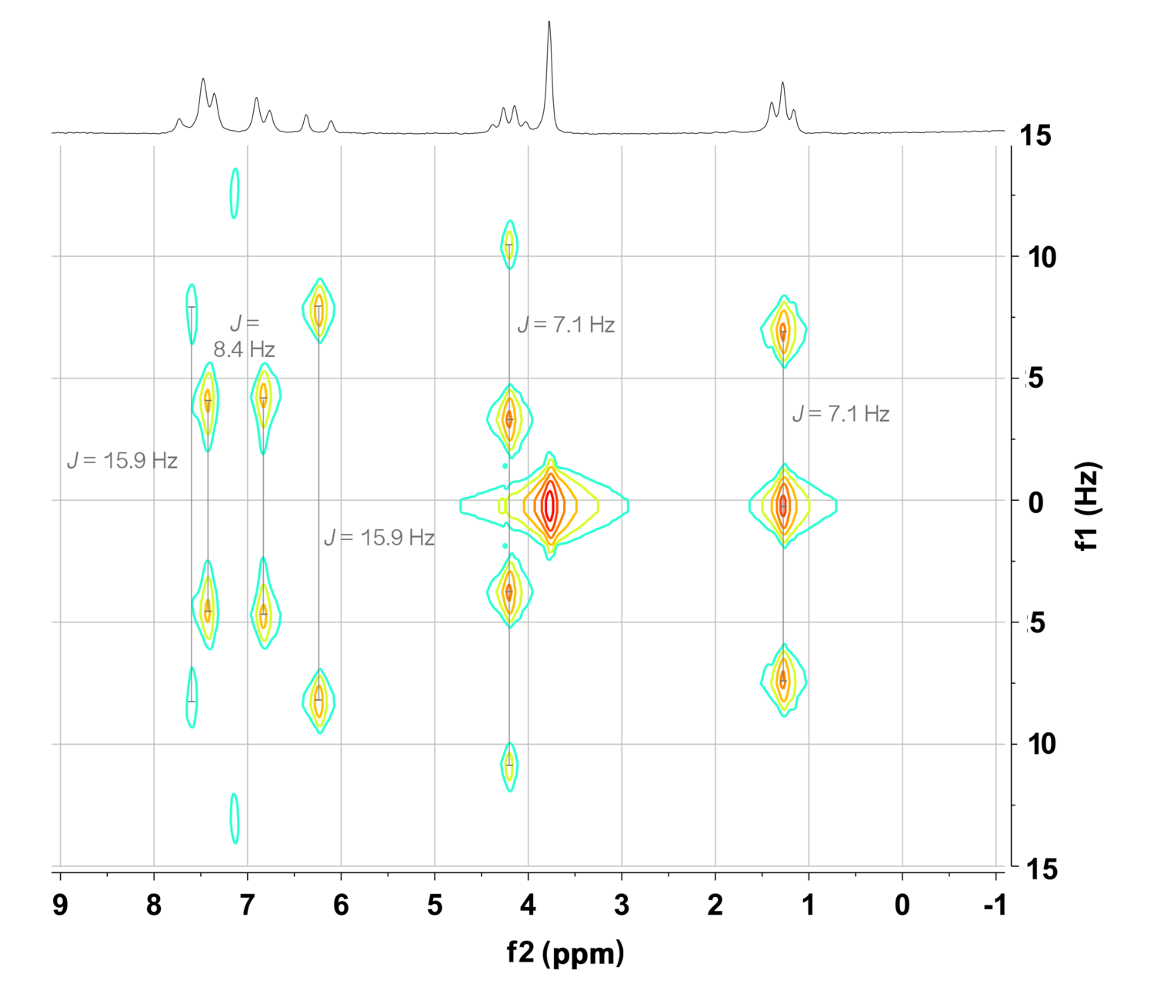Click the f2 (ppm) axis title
click(x=565, y=952)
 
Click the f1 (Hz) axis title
click(x=1089, y=506)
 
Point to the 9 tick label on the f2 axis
click(x=60, y=905)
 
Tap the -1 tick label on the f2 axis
click(x=994, y=905)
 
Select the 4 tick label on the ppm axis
click(x=529, y=905)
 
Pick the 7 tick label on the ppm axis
click(x=247, y=905)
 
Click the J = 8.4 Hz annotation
click(x=244, y=337)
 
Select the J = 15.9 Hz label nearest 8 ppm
click(x=122, y=461)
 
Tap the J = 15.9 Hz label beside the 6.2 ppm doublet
click(x=379, y=538)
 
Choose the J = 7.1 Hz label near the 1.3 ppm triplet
click(x=841, y=414)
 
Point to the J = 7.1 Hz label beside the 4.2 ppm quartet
click(x=566, y=325)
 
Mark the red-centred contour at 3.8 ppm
click(x=549, y=505)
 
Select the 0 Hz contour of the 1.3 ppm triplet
click(x=783, y=505)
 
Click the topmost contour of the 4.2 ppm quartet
click(x=509, y=245)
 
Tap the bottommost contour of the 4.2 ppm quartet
click(x=509, y=765)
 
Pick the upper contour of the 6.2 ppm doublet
click(x=319, y=309)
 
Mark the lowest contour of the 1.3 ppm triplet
click(x=783, y=680)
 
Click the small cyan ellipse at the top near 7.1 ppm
click(x=235, y=193)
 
